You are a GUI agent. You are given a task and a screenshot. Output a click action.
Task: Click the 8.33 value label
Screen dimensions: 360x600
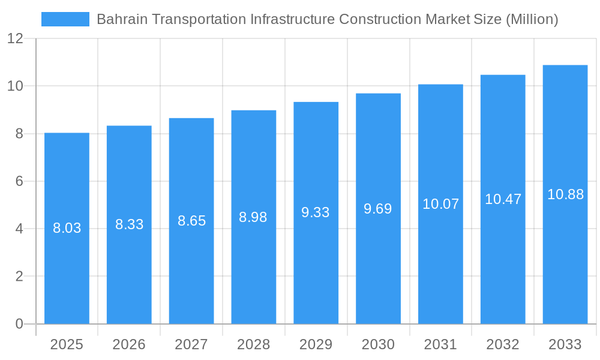click(129, 224)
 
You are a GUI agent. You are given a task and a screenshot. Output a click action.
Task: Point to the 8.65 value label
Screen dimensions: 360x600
click(191, 221)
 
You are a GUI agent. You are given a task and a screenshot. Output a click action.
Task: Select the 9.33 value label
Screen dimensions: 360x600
click(316, 212)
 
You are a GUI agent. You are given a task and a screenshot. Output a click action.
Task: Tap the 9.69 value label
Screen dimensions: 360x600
click(378, 209)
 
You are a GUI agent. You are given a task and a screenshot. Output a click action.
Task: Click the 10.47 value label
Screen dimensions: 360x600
click(503, 199)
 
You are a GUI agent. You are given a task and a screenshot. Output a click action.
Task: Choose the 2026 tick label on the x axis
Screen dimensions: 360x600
click(129, 344)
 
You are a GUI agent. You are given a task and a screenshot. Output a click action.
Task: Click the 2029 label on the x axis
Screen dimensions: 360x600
click(316, 344)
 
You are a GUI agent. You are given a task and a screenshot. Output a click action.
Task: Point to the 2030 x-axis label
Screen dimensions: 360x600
click(378, 344)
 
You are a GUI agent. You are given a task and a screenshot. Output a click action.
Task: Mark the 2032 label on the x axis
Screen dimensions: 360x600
click(503, 344)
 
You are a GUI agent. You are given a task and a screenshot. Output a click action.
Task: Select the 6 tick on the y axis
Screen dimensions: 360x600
click(19, 181)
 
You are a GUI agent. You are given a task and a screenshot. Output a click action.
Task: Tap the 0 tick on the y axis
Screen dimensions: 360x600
click(19, 324)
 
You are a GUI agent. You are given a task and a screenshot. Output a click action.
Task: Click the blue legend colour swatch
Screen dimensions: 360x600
click(65, 19)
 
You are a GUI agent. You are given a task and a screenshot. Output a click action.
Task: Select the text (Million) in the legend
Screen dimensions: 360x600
click(532, 19)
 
